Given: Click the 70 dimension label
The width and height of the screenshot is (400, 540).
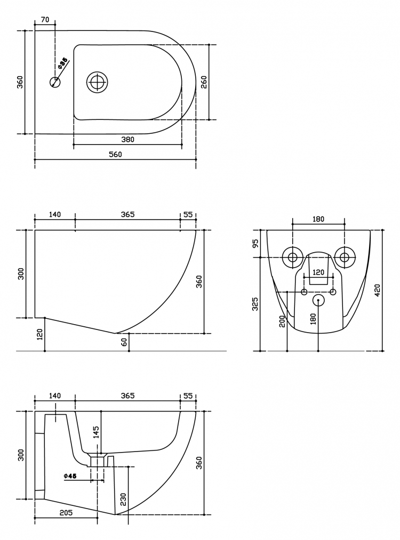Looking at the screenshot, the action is pos(45,20).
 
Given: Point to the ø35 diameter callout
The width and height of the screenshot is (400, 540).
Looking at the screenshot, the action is pos(62,64).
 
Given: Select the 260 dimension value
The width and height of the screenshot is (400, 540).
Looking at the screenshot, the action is pos(204,82).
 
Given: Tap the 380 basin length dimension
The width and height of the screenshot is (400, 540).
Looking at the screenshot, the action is pos(127,140).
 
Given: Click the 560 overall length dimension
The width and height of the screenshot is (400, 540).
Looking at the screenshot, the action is pos(115,155).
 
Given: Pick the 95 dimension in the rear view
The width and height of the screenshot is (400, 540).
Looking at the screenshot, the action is pos(255,244).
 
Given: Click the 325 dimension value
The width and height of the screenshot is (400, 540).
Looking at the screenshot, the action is pos(255,304).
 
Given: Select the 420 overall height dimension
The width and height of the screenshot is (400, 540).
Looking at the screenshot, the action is pos(377,291).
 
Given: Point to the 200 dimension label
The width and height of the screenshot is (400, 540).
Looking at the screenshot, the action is pos(283,321).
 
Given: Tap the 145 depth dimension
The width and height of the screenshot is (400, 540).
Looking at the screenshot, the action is pos(96,432).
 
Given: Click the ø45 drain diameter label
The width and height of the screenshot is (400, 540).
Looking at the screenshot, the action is pos(70,475).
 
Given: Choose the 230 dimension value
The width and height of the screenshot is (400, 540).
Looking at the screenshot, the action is pos(124,499).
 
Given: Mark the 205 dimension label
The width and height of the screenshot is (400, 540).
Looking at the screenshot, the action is pos(66,513).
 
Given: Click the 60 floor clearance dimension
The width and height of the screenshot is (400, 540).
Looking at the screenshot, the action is pos(124,342).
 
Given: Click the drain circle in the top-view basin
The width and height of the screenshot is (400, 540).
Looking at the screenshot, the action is pos(97,82).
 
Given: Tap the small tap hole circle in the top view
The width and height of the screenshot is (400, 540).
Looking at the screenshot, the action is pos(55,82).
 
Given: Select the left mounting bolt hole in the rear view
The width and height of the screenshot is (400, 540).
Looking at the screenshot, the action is pos(292,257).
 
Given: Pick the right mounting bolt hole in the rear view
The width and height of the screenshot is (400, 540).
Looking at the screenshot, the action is pos(344,257).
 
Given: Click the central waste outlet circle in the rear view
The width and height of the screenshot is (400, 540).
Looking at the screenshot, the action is pos(318,300).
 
